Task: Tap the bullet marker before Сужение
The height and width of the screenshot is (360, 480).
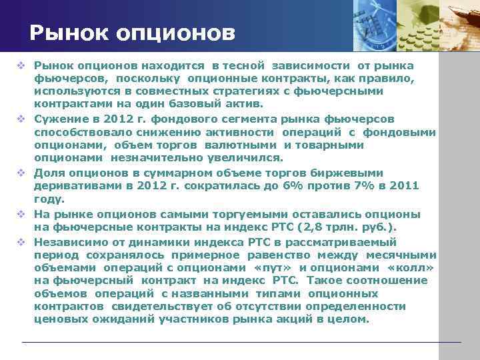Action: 22,119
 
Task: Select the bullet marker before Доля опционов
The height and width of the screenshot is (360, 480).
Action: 22,173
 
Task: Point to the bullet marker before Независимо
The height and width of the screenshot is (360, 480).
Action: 22,242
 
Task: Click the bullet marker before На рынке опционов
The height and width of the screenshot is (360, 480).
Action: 22,215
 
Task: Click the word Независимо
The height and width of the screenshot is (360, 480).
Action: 65,242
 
